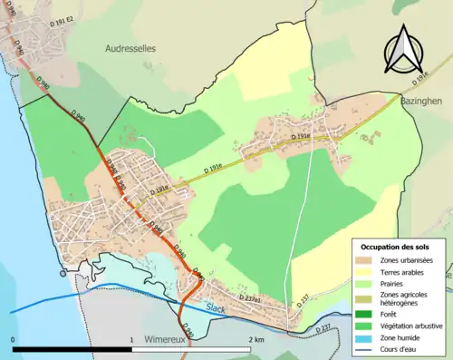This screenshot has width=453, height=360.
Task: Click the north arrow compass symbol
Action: pos(402,48)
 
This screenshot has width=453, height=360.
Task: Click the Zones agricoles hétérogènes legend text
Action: pos(407,299)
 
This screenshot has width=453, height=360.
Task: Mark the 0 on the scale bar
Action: pos(13,339)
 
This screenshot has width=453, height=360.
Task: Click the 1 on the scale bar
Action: pos(132,339)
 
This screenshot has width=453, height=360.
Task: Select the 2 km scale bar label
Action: pos(255,339)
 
